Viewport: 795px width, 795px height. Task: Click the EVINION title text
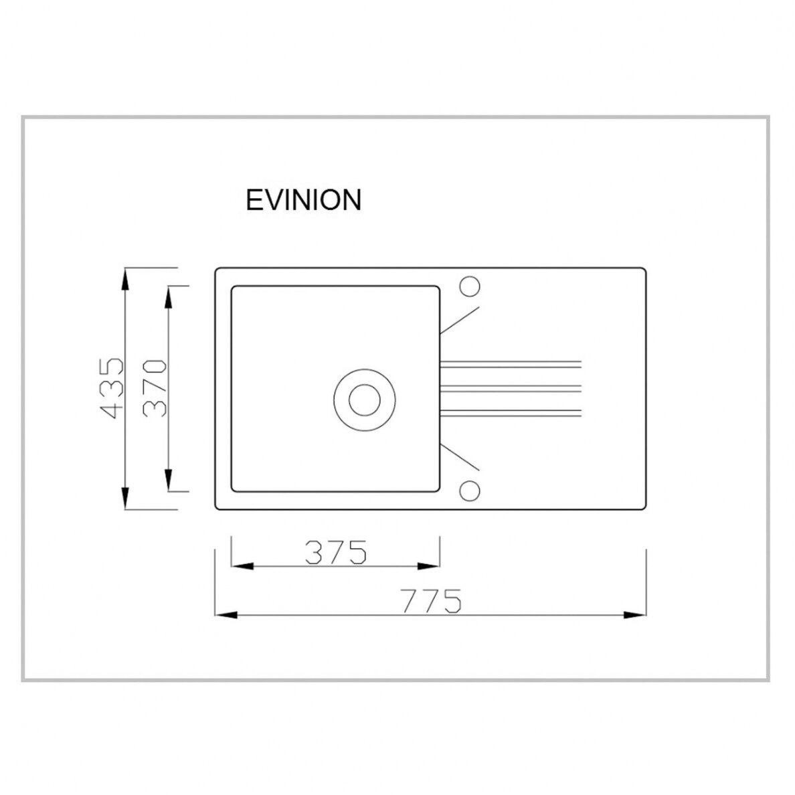point(303,200)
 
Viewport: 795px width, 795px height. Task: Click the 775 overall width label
point(432,601)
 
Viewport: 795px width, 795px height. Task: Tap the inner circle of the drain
point(365,400)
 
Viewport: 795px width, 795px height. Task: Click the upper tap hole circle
point(470,286)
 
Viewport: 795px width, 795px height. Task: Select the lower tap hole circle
point(470,491)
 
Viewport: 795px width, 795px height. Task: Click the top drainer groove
point(510,363)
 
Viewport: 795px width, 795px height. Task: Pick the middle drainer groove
point(510,388)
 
